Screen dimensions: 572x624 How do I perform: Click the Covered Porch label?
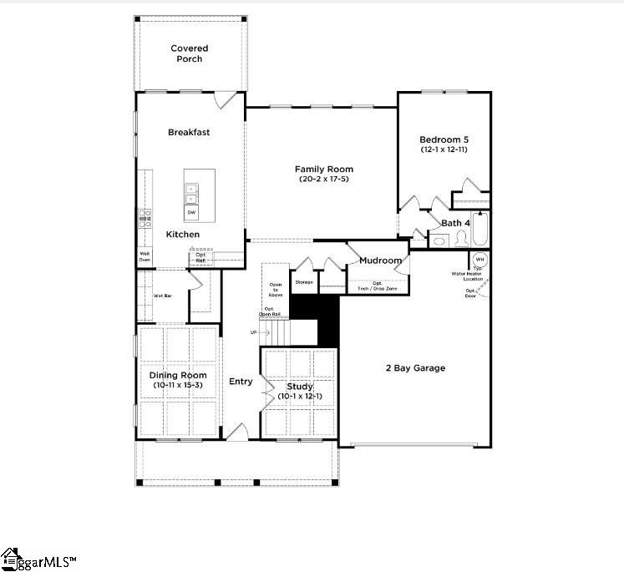190,53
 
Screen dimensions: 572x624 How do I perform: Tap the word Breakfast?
189,132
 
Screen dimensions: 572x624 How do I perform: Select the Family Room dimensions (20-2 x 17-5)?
322,180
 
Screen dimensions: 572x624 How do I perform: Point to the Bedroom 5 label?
443,139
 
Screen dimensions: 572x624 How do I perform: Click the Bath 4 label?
456,223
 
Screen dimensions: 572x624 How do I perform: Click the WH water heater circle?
480,259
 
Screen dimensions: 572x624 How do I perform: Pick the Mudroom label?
381,261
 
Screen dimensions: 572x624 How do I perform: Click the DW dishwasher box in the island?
192,213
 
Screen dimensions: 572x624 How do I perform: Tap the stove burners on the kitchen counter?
144,219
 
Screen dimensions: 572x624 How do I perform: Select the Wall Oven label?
145,256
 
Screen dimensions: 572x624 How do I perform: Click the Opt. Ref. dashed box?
200,256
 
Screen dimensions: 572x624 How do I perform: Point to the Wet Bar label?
162,296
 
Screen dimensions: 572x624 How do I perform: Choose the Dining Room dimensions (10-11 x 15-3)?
178,385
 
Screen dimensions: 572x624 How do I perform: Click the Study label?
299,387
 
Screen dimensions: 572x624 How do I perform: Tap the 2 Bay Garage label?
415,368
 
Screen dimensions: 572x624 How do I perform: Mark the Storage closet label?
304,282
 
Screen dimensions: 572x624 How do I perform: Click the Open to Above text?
275,289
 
